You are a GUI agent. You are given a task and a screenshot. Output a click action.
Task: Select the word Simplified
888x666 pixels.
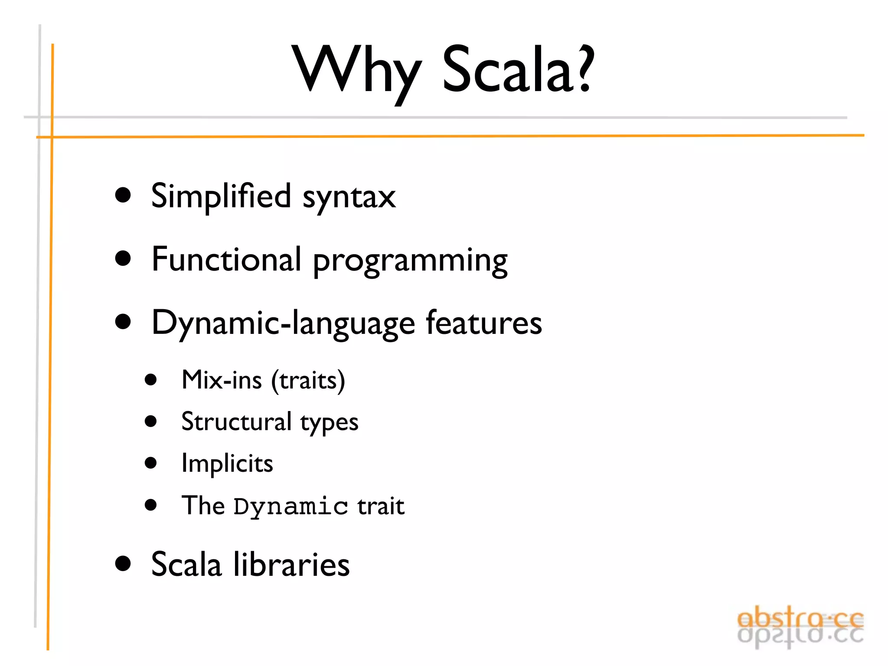[x=221, y=196]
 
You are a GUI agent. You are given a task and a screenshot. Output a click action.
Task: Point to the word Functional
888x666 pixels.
[x=226, y=259]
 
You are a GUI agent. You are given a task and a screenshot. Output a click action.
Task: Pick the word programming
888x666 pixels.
[x=410, y=262]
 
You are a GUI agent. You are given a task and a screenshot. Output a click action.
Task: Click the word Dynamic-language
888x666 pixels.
[x=284, y=323]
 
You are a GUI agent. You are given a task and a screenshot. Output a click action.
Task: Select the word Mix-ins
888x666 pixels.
[x=222, y=380]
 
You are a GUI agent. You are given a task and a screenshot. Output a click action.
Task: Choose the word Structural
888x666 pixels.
[x=236, y=421]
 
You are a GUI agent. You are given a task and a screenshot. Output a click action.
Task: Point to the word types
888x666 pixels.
[x=330, y=423]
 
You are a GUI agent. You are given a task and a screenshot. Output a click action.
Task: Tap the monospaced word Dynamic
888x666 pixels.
[x=291, y=506]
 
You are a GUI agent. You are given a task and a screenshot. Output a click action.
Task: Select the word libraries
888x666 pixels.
[x=291, y=565]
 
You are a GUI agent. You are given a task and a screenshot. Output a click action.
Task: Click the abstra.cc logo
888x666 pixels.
[x=800, y=627]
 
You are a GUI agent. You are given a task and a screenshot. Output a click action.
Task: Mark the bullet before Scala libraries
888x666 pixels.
[x=123, y=564]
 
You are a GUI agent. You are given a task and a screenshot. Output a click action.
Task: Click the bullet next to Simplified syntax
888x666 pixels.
[x=123, y=195]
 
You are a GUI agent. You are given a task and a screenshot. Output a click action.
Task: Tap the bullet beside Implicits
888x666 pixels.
[x=150, y=463]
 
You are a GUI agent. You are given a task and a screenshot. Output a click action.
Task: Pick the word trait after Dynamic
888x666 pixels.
[x=381, y=506]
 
